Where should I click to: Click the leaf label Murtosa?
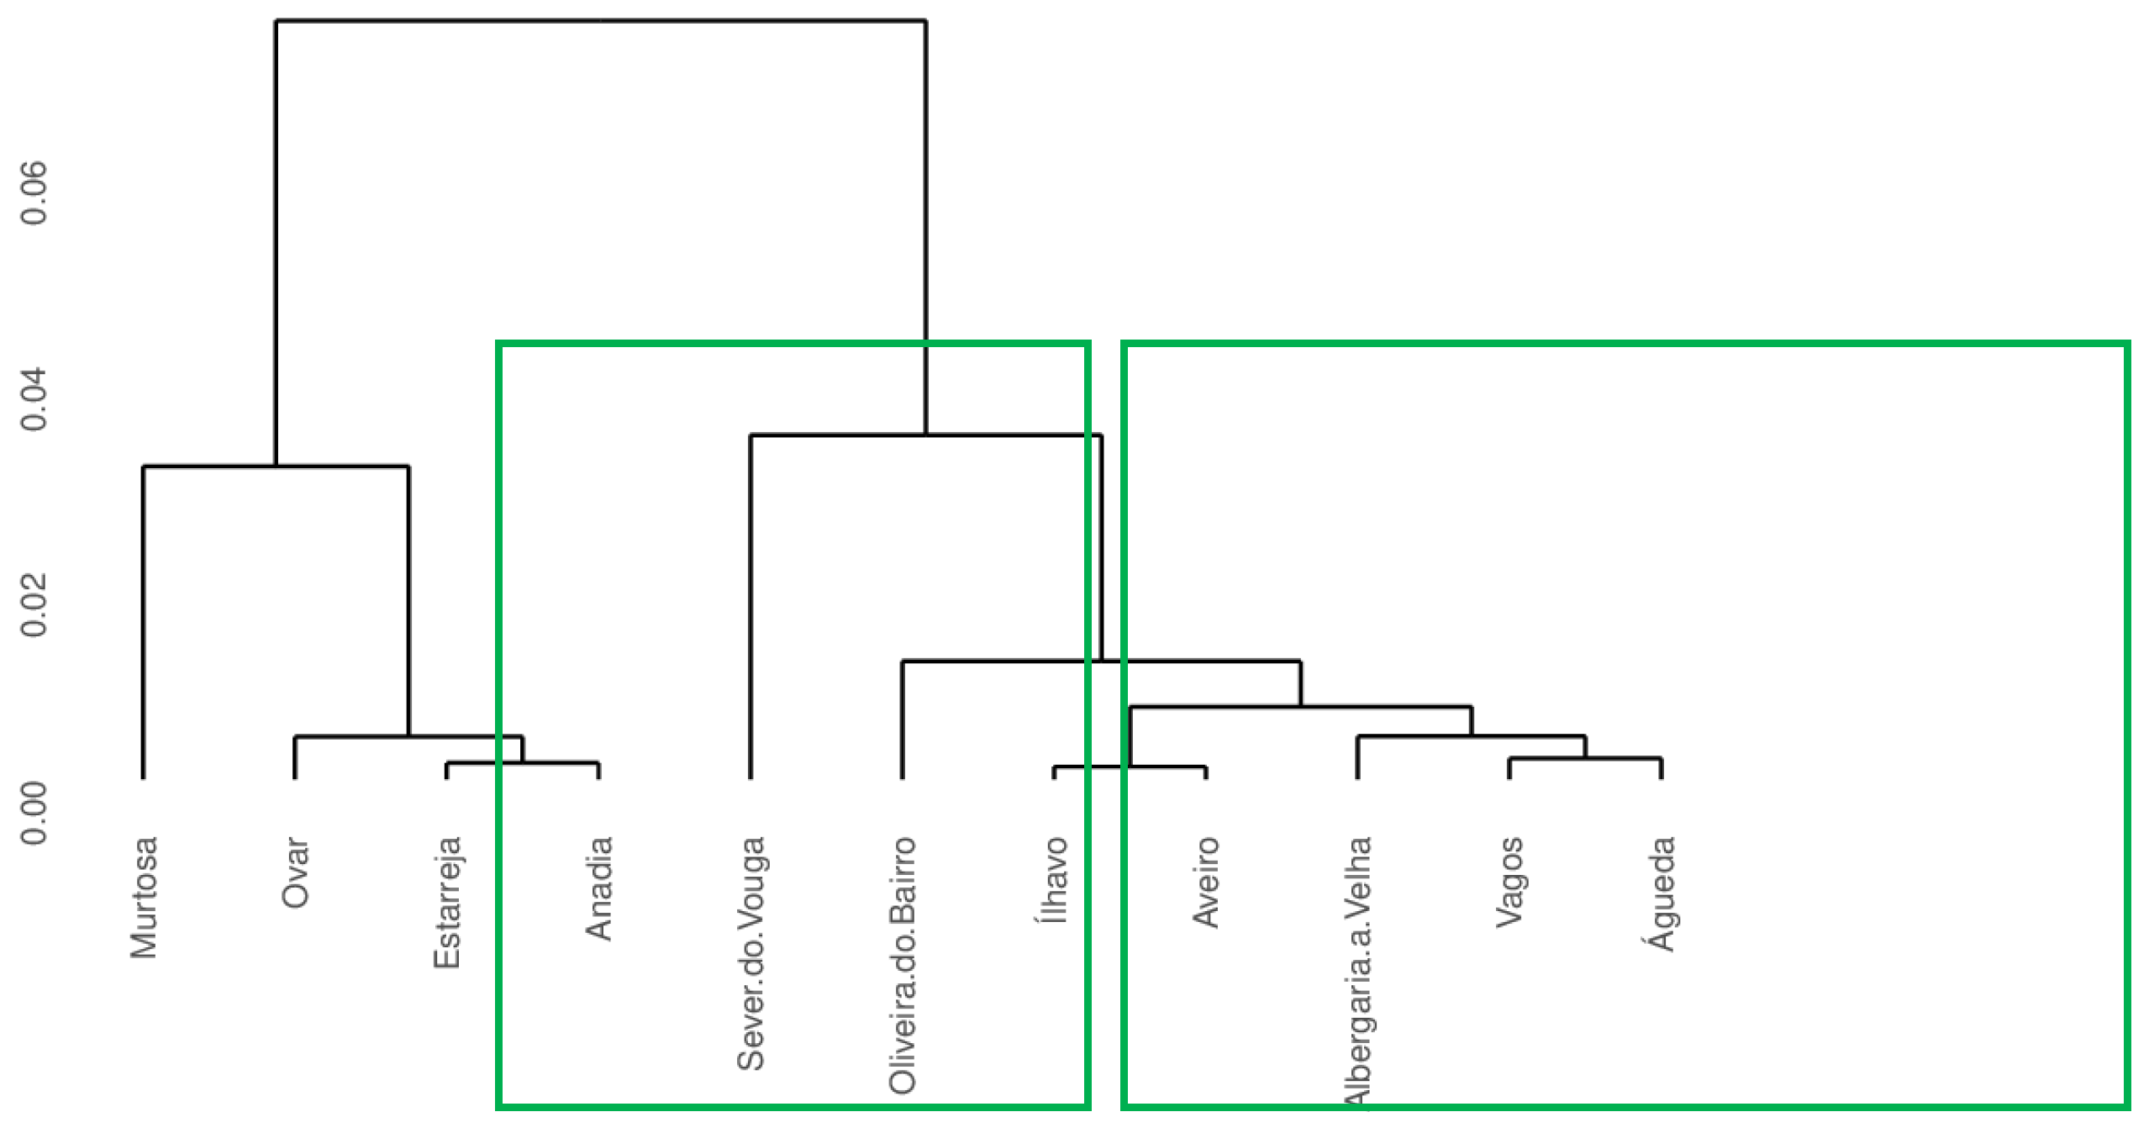tap(144, 897)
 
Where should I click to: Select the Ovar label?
tap(295, 872)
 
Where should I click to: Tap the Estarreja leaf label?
tap(447, 902)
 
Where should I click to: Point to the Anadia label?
tap(598, 888)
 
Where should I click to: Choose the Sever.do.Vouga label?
tap(751, 952)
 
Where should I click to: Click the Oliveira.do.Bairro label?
tap(903, 965)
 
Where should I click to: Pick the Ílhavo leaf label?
tap(1054, 880)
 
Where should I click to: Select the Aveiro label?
tap(1206, 882)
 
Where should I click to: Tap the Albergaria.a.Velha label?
tap(1358, 971)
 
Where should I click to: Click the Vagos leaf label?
tap(1509, 882)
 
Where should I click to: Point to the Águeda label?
tap(1662, 893)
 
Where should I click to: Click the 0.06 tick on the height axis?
tap(34, 193)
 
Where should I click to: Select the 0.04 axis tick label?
tap(34, 399)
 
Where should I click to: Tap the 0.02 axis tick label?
tap(34, 605)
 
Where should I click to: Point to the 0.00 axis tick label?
tap(34, 812)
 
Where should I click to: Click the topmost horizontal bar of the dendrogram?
tap(601, 20)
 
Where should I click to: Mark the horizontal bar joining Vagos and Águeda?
tap(1585, 759)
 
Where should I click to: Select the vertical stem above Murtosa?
tap(144, 622)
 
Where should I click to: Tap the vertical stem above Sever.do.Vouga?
tap(751, 605)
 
